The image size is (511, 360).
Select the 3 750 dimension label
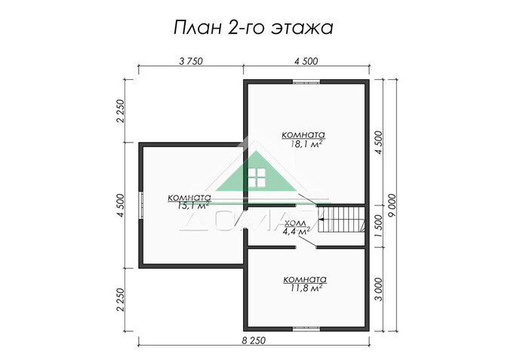190,63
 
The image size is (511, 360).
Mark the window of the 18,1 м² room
306,81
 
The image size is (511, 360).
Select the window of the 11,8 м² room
306,328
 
